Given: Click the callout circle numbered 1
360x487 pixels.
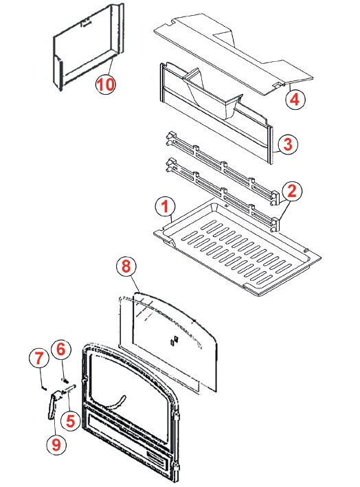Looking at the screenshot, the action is click(x=165, y=206).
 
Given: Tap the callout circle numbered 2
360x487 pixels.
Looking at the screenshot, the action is click(x=292, y=192).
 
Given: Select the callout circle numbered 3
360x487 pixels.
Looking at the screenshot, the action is click(x=288, y=144).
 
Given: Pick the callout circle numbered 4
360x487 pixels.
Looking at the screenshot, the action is click(x=295, y=100).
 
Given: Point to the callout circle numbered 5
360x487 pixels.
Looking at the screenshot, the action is click(x=71, y=422).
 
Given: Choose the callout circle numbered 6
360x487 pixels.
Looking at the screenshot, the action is click(x=60, y=350).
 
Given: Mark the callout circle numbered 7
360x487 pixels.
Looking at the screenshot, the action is click(x=38, y=359).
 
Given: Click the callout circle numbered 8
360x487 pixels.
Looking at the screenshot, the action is click(x=126, y=267).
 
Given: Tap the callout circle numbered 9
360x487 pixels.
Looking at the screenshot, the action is click(x=56, y=445).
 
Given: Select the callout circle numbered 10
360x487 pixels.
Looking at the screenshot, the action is click(x=105, y=84).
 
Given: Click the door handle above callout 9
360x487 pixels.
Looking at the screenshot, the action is click(x=53, y=405).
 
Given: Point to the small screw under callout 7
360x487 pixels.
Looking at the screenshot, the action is click(x=43, y=387).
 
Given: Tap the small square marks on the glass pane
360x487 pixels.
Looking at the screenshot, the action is click(x=175, y=341).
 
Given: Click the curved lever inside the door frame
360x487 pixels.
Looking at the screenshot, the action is click(x=117, y=402).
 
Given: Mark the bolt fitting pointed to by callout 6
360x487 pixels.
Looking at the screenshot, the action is click(x=65, y=380).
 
